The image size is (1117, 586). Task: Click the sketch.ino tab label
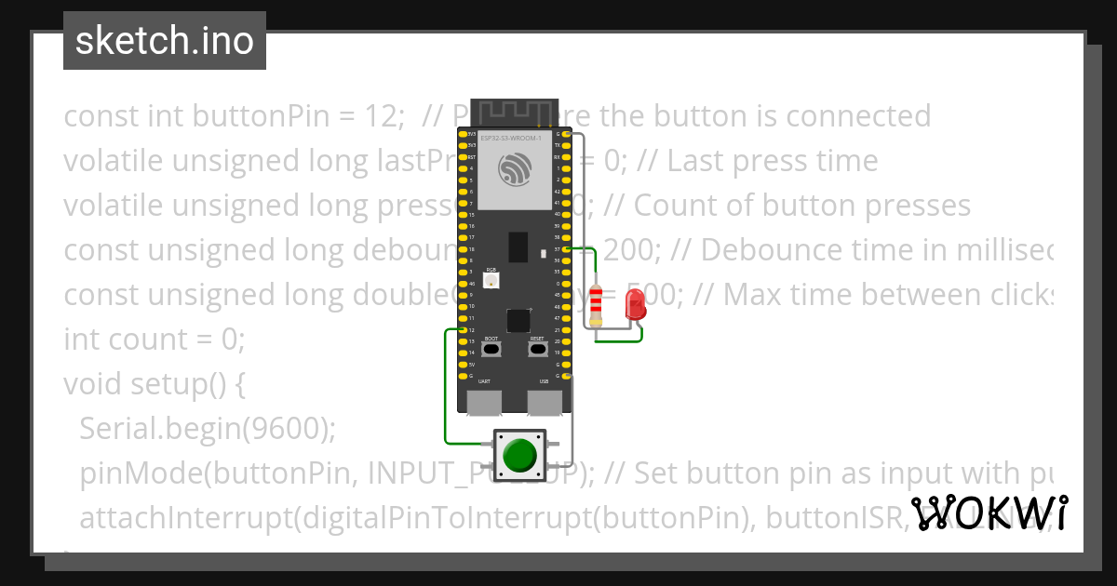(164, 41)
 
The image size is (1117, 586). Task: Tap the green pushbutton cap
(519, 455)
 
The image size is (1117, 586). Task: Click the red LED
(635, 305)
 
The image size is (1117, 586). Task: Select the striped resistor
(596, 304)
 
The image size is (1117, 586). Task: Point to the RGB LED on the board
(491, 280)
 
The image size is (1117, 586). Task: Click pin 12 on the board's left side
(463, 330)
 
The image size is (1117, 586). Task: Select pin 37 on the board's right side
(568, 249)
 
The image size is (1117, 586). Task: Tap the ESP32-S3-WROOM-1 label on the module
(510, 138)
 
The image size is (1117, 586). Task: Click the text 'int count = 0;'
(154, 340)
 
